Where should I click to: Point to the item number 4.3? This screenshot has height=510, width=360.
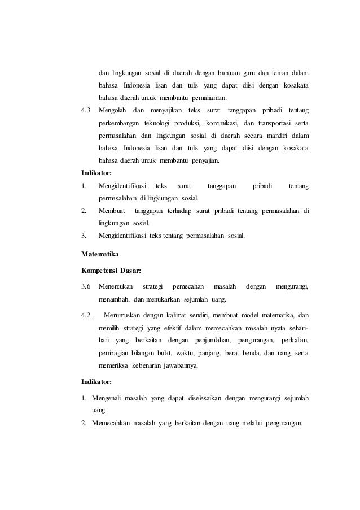click(x=86, y=109)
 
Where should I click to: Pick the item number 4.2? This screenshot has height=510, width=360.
click(x=87, y=314)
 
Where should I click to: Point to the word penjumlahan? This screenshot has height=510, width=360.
click(x=212, y=341)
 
